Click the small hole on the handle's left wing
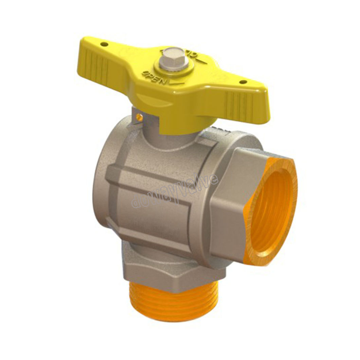point(105,44)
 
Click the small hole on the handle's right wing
point(243,82)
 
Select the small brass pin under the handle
point(139,117)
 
